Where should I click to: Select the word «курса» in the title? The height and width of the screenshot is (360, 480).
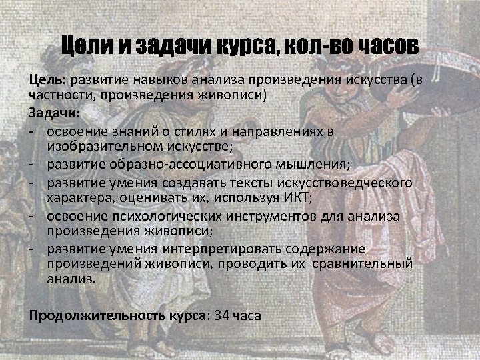tap(242, 47)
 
